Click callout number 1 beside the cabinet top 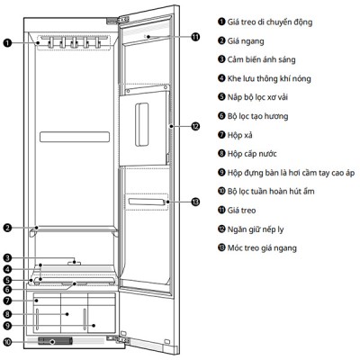pyautogui.click(x=7, y=43)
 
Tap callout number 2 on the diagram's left pyautogui.click(x=7, y=228)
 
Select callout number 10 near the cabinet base pyautogui.click(x=7, y=342)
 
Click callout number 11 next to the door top pyautogui.click(x=195, y=37)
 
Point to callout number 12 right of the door pyautogui.click(x=195, y=126)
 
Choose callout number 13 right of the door pyautogui.click(x=195, y=202)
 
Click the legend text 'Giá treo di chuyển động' pyautogui.click(x=270, y=22)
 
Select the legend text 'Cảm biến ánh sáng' pyautogui.click(x=261, y=59)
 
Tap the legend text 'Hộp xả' pyautogui.click(x=239, y=135)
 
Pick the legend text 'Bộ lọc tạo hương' pyautogui.click(x=257, y=116)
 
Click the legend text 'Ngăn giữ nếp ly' pyautogui.click(x=256, y=229)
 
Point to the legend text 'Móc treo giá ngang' pyautogui.click(x=262, y=248)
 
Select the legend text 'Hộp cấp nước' pyautogui.click(x=252, y=154)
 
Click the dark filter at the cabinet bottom pyautogui.click(x=55, y=341)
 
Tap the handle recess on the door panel pyautogui.click(x=141, y=124)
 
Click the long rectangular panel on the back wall pyautogui.click(x=75, y=137)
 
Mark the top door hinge pyautogui.click(x=117, y=21)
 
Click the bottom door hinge pyautogui.click(x=118, y=339)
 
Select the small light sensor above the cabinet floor pyautogui.click(x=74, y=263)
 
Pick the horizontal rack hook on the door pyautogui.click(x=147, y=202)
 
